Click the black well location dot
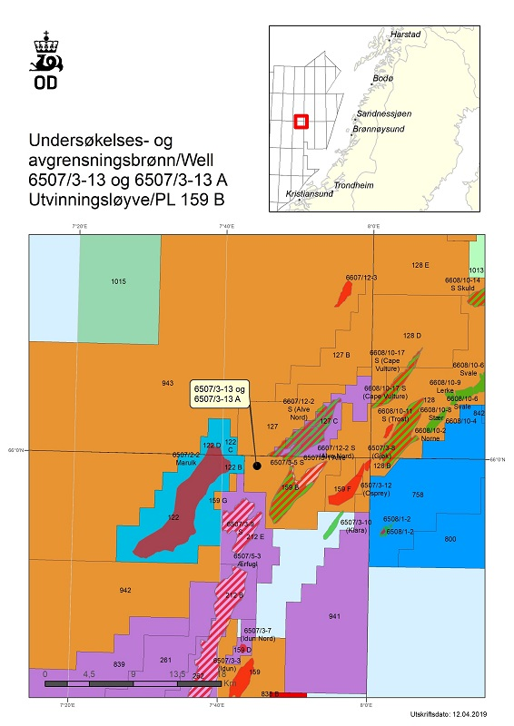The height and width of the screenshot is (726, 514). coord(257,466)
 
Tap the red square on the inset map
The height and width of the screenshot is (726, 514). coord(302,121)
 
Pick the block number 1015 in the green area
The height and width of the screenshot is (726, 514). coord(118,282)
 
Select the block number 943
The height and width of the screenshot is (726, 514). coord(168,384)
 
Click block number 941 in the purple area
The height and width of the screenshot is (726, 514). coord(334,616)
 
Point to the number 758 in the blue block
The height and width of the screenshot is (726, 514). coord(418,495)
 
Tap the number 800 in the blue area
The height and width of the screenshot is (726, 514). coord(450,539)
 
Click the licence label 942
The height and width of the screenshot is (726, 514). coord(125,591)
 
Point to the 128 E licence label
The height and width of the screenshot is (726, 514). coord(420,265)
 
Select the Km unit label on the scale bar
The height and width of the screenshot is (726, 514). coord(228,683)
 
